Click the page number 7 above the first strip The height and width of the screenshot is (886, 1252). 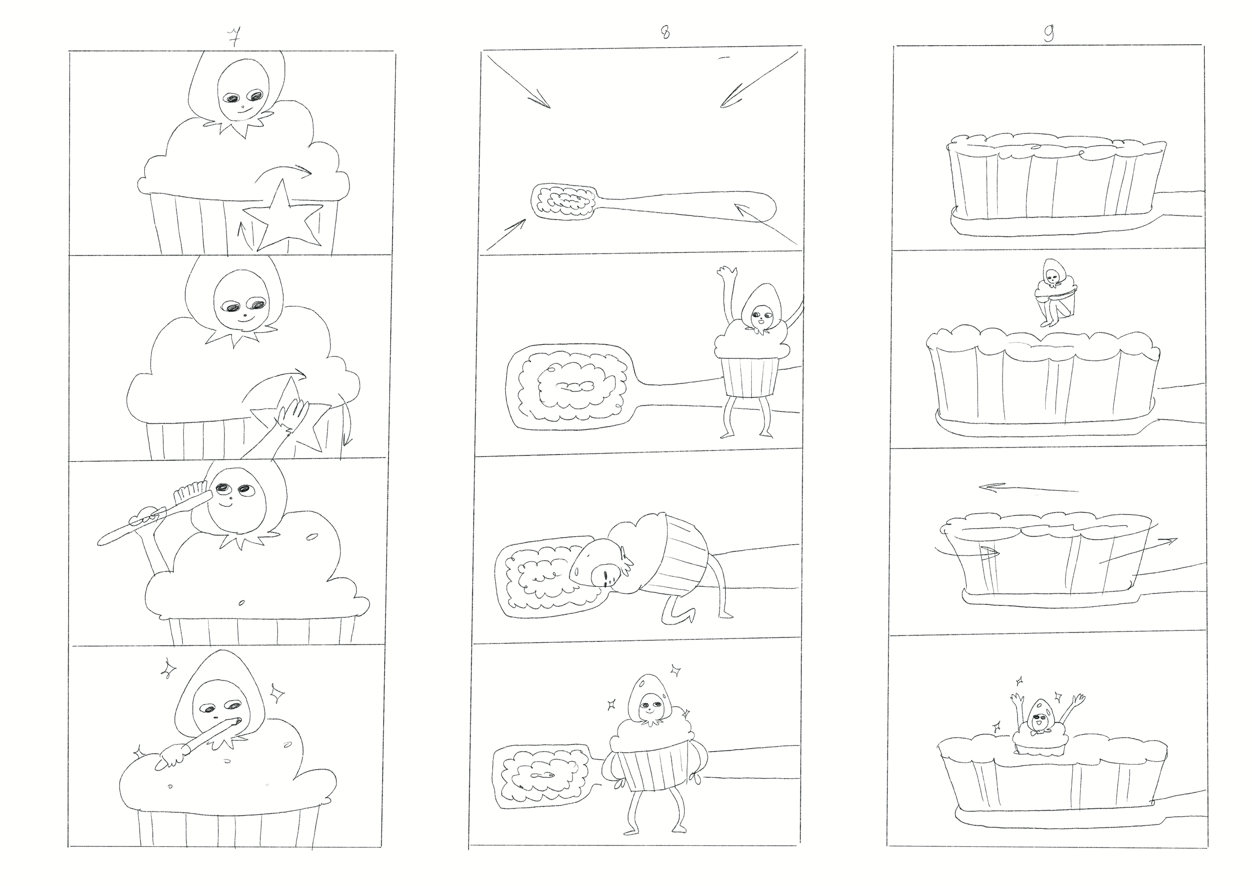coord(234,37)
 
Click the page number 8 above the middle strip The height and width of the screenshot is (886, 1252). coord(665,33)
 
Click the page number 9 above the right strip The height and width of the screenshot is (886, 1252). coord(1049,33)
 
